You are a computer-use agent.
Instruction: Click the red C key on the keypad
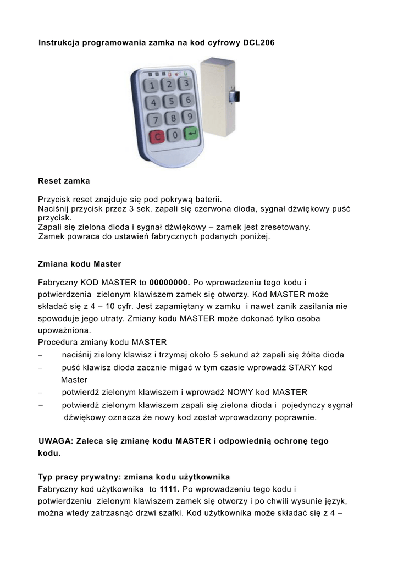point(157,136)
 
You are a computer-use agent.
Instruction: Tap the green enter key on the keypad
point(191,133)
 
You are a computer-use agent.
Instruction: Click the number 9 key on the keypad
point(189,116)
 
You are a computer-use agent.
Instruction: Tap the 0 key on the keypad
point(174,134)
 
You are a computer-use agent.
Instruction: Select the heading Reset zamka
point(64,180)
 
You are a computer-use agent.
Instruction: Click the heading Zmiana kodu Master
point(79,264)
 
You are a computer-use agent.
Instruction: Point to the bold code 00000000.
point(169,282)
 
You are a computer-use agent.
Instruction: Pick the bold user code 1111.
point(169,489)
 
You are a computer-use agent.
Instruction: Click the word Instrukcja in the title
point(59,42)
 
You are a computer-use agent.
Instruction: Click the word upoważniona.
point(64,330)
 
